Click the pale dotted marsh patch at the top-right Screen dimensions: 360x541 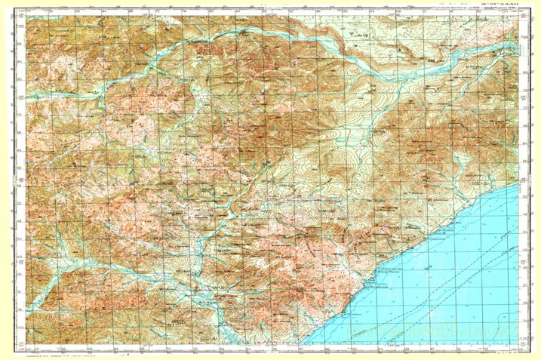(483, 30)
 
